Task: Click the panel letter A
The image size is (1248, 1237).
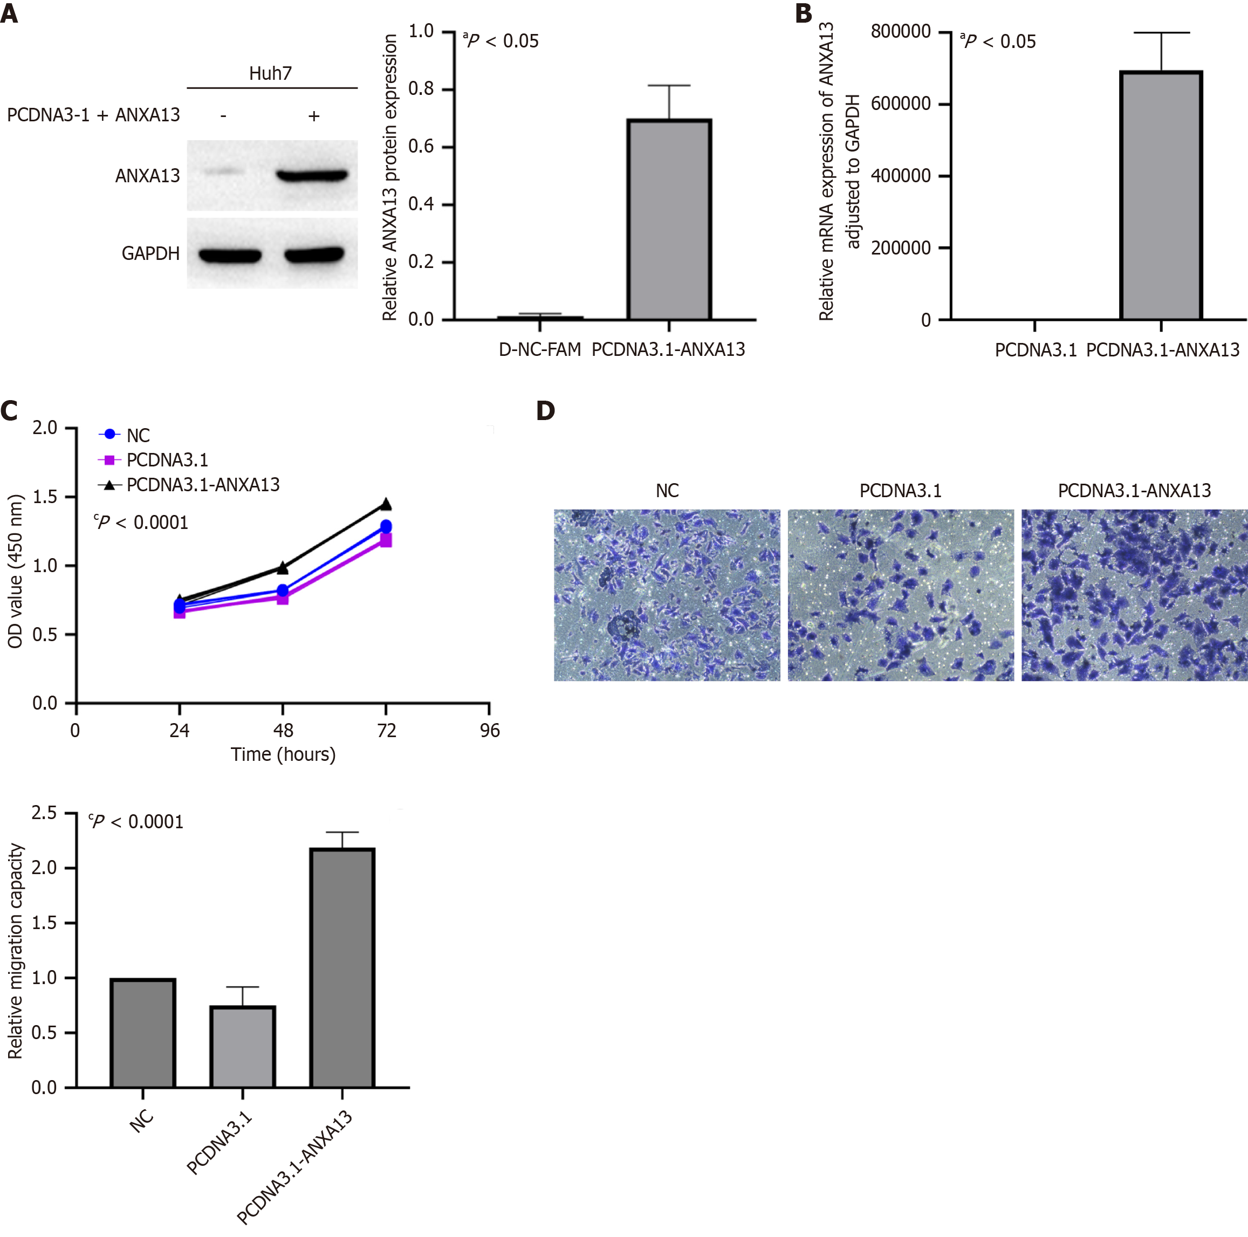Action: pos(9,13)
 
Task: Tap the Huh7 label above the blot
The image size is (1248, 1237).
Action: pos(270,73)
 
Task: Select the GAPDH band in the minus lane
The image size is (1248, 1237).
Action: pos(229,256)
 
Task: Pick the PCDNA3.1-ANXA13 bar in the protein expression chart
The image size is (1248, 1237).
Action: pos(669,219)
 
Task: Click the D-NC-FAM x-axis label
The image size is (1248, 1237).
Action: pos(540,349)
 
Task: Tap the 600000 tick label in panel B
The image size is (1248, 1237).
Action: pos(901,104)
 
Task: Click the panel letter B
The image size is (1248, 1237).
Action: pos(804,13)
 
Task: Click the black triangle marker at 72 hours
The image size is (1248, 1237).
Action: pos(386,504)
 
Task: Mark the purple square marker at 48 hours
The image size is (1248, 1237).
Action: pos(282,598)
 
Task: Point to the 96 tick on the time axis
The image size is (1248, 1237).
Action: pos(490,731)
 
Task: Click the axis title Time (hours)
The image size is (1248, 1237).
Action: pos(283,754)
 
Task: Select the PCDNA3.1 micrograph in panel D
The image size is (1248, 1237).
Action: pos(901,595)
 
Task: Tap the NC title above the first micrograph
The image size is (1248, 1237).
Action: pos(667,491)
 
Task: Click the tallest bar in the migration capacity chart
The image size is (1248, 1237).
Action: pos(342,968)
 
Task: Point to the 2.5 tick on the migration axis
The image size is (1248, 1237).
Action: pos(44,813)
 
